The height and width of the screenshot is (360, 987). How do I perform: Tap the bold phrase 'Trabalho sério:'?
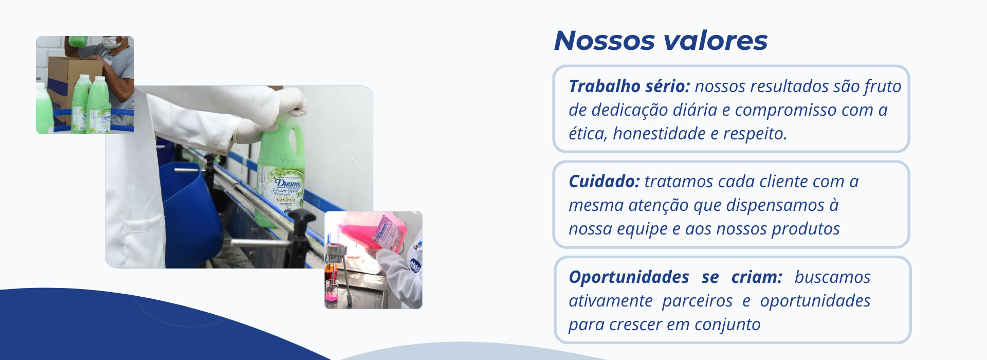[x=629, y=86]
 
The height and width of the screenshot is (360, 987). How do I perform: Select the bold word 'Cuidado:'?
[x=604, y=181]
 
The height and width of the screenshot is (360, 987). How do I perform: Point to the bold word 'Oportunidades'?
[x=629, y=278]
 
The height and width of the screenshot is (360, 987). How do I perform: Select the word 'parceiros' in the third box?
[x=697, y=301]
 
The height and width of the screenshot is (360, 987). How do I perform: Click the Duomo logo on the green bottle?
[x=288, y=183]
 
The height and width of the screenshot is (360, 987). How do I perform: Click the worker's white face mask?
[x=113, y=42]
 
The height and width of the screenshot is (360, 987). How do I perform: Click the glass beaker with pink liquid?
[x=331, y=291]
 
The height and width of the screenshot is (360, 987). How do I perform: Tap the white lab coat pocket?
[x=145, y=242]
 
